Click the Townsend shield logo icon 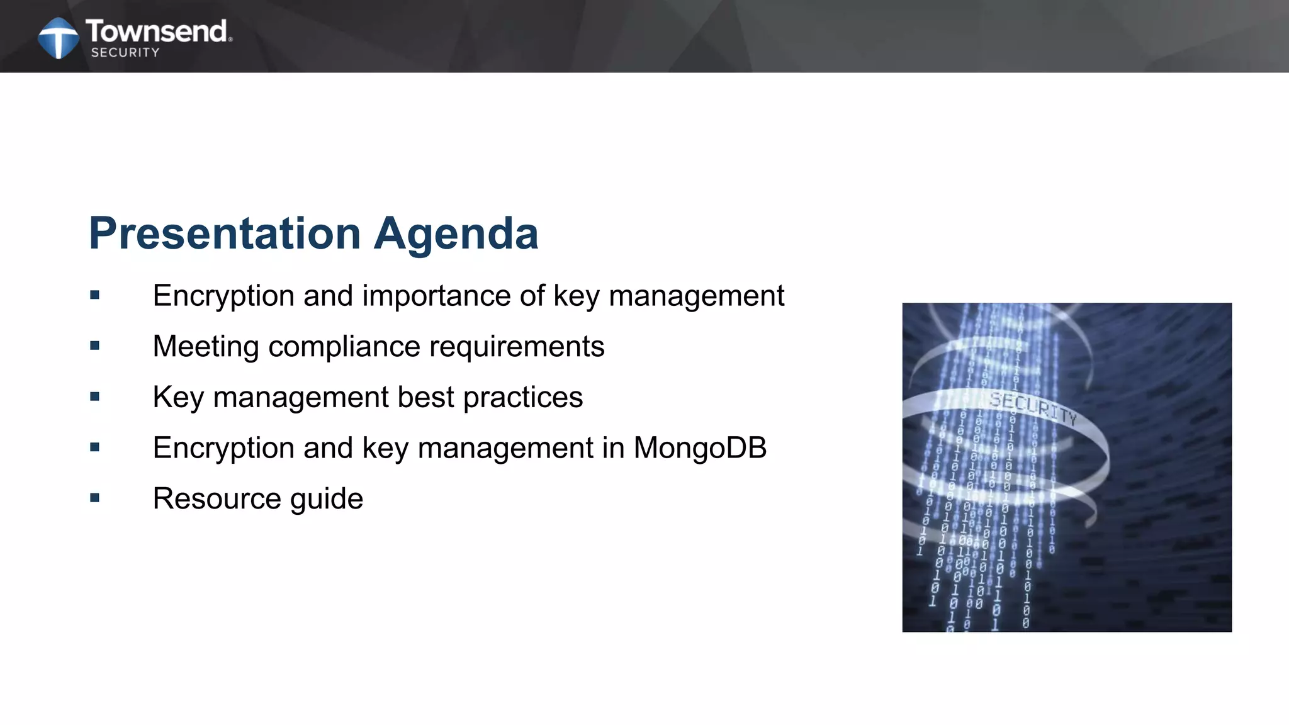pos(59,38)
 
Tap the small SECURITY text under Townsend pos(125,53)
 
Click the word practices pos(523,398)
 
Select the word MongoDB pos(699,448)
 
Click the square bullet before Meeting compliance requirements pos(95,346)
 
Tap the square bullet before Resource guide pos(95,498)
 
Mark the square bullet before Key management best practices pos(95,396)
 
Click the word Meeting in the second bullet pos(206,347)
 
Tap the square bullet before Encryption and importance pos(95,295)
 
